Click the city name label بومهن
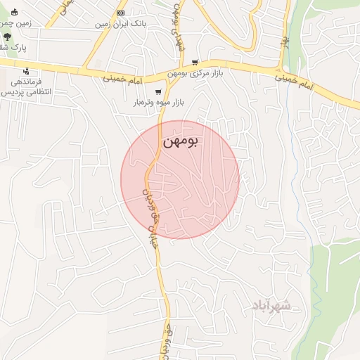(181, 141)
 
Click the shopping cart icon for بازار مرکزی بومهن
(195, 63)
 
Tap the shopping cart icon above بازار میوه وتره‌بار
(158, 91)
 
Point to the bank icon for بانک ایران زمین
(120, 13)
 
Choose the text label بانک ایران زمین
(120, 24)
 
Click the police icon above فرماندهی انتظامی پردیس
(26, 71)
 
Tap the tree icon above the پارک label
(7, 36)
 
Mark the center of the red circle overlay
(180, 179)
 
